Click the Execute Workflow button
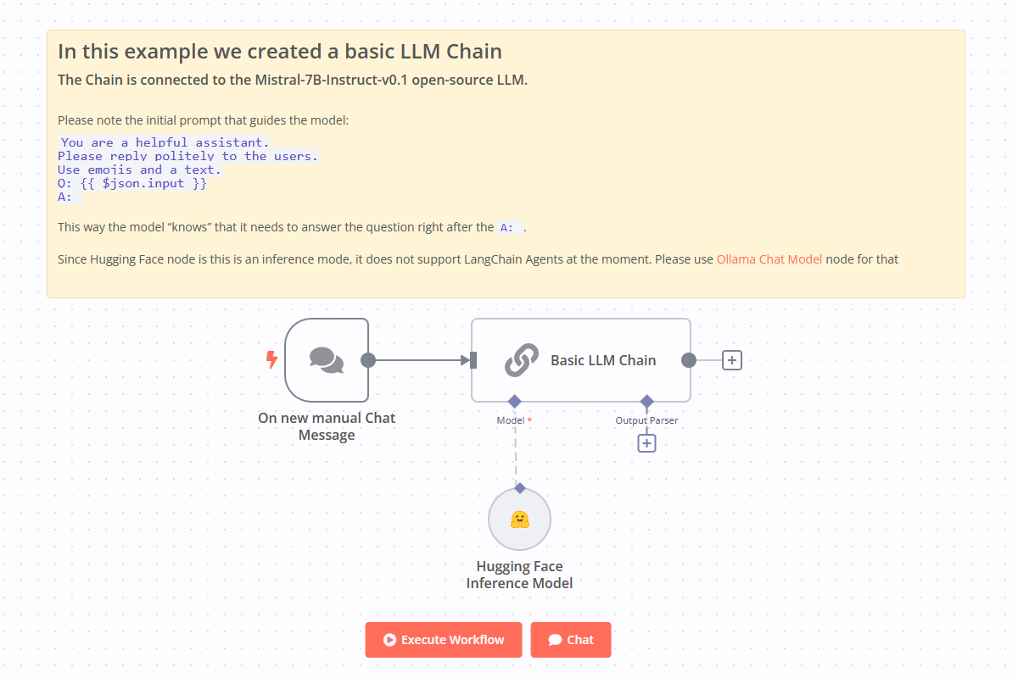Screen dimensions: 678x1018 [x=444, y=640]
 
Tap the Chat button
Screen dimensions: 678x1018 [x=571, y=640]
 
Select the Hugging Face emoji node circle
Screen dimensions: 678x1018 [x=520, y=520]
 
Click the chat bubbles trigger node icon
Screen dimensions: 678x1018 [x=327, y=360]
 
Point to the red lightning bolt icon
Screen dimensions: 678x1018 [x=271, y=360]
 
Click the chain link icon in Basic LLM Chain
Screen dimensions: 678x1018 [x=522, y=360]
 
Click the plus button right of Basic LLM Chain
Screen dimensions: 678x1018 [x=732, y=360]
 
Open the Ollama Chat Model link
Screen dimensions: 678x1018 [x=769, y=259]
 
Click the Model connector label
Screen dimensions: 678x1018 [x=511, y=420]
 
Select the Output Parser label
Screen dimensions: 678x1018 [x=646, y=420]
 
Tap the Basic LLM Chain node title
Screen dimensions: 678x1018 [x=603, y=360]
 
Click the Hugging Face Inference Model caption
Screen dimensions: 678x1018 [x=519, y=575]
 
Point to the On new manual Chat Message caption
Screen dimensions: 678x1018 [x=327, y=426]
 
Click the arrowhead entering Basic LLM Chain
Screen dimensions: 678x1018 [x=466, y=360]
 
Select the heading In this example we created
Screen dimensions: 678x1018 [x=280, y=52]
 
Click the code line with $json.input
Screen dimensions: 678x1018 [x=132, y=183]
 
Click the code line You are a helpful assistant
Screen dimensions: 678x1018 [x=165, y=142]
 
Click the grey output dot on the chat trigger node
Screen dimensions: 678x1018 [x=368, y=360]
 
